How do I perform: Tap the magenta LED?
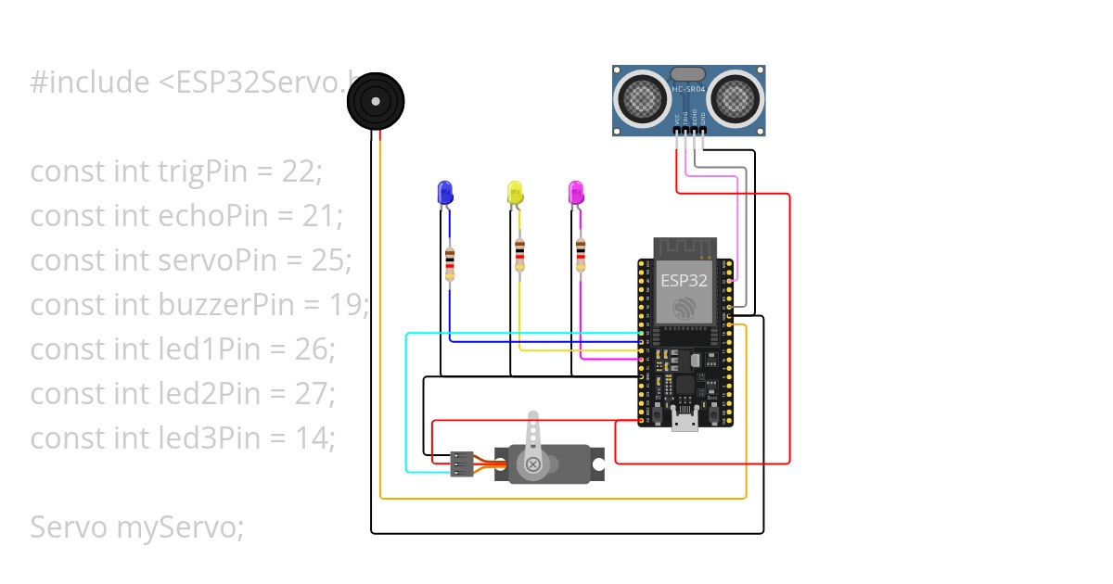pos(576,193)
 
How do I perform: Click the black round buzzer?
pos(377,102)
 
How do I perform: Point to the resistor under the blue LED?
pos(450,263)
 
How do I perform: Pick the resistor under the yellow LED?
pos(520,255)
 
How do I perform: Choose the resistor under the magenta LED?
pos(581,255)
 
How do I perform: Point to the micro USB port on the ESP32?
pos(685,423)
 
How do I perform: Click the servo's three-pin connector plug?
pos(461,463)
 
